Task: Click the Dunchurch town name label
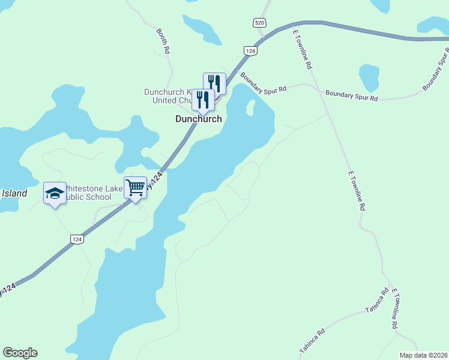[198, 119]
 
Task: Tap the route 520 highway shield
[259, 23]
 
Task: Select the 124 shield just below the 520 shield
[251, 52]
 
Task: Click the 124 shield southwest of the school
[77, 239]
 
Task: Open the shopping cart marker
[135, 188]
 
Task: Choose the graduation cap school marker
[55, 193]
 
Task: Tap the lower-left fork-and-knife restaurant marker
[203, 100]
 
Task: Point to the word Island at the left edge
[14, 193]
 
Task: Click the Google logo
[20, 353]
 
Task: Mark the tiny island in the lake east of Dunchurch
[251, 108]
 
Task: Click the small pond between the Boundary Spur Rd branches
[369, 77]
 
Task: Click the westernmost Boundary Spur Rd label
[263, 83]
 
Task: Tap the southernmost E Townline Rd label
[394, 308]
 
